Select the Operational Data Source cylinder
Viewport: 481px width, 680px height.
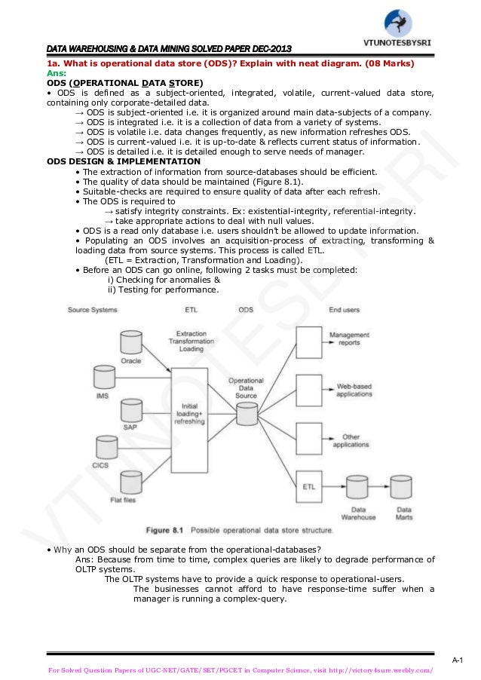246,413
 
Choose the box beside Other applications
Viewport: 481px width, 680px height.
308,439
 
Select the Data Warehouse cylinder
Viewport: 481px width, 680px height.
357,491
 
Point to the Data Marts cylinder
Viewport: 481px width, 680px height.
404,491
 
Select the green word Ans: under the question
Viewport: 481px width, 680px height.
57,74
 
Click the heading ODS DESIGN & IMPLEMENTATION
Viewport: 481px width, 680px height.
124,161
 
